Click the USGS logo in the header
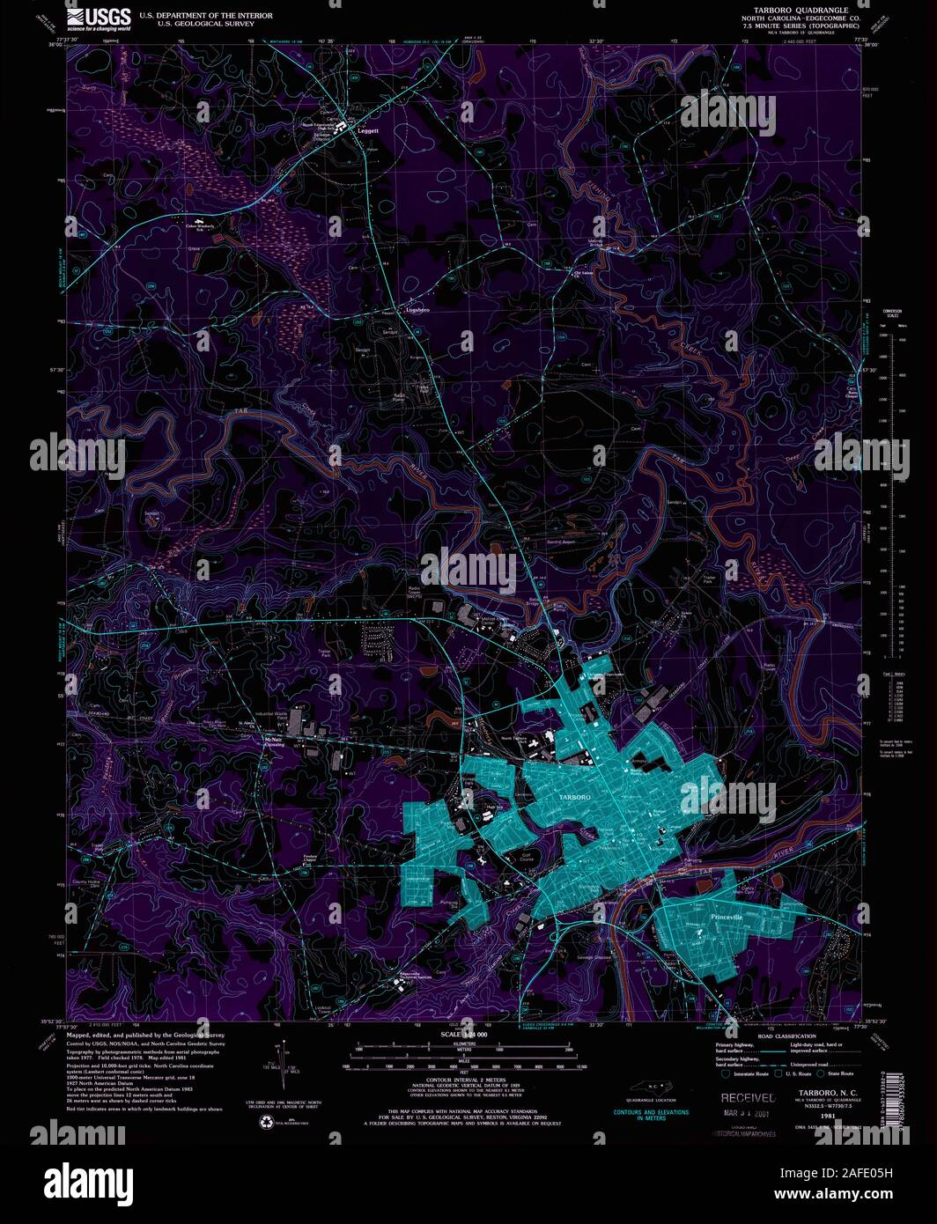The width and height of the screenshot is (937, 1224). pyautogui.click(x=99, y=17)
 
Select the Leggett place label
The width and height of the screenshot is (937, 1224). pyautogui.click(x=368, y=131)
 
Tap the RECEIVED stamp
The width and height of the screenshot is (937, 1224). pyautogui.click(x=748, y=1098)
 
